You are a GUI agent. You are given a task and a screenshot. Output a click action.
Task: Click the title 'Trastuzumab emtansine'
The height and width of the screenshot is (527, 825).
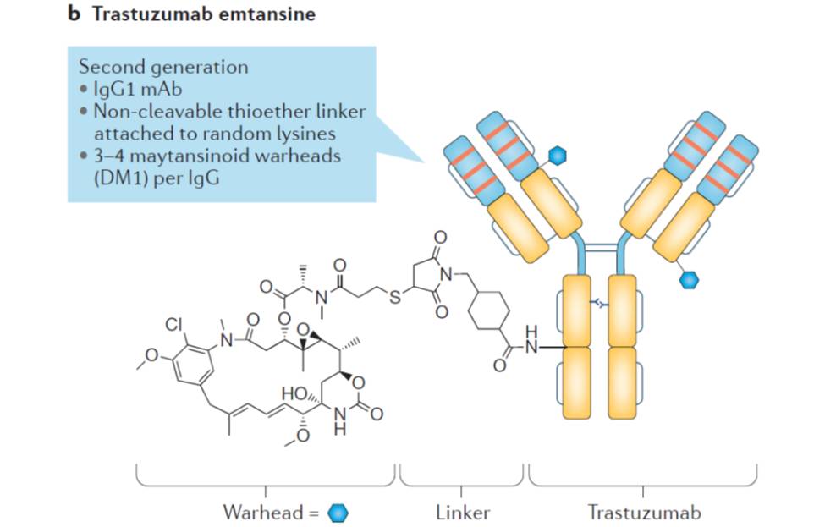[208, 15]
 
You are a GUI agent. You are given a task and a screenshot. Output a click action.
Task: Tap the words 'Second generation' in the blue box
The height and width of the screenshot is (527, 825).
[163, 67]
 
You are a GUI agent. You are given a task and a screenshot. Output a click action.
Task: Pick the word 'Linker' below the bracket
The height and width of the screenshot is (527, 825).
[463, 512]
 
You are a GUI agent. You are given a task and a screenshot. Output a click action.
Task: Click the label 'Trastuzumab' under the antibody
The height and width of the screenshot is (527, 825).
[644, 512]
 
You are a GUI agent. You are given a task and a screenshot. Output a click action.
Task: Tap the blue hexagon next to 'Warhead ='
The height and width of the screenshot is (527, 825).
[338, 513]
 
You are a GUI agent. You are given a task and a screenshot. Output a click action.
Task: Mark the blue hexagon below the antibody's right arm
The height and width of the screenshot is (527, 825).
[690, 277]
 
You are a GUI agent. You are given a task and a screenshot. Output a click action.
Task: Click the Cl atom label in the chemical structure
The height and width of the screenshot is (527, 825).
[174, 323]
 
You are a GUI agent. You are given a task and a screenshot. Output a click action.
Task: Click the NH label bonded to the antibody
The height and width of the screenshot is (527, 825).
[531, 341]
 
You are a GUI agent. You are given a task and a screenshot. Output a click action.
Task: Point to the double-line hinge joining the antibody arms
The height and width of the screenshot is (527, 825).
[602, 250]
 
